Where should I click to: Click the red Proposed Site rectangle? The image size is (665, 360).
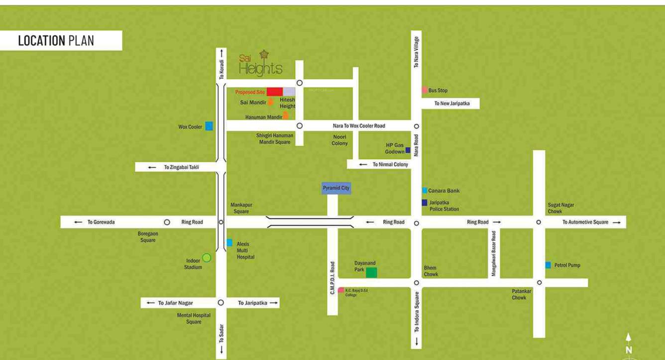point(274,92)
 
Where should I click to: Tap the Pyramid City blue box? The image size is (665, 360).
point(336,188)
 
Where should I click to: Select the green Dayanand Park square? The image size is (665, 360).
point(371,272)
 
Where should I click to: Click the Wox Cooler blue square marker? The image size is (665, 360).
point(209,126)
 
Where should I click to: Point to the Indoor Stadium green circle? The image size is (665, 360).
point(207,257)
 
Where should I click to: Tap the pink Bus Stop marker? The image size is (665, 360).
point(425,90)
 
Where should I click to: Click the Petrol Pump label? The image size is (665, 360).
point(567,265)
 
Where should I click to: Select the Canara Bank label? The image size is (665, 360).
point(443,191)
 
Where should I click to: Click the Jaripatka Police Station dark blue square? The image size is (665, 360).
point(425,203)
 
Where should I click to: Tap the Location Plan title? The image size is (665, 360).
point(56,41)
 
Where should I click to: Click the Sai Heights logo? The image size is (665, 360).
point(260,64)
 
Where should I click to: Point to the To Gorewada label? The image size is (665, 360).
point(101,222)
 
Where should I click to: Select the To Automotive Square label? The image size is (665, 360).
point(585,222)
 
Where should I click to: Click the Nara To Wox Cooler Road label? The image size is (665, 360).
point(358,126)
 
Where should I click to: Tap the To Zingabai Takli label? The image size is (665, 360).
point(181,167)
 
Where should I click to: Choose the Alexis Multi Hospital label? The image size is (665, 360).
point(245,250)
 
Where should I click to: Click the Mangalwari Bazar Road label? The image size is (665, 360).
point(493,253)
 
